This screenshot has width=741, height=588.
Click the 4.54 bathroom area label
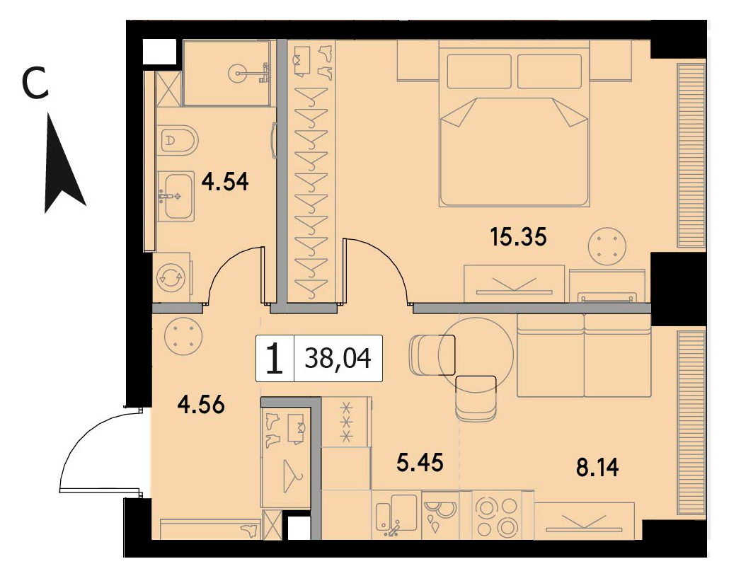[x=225, y=181]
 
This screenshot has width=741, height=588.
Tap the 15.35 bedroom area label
[x=518, y=236]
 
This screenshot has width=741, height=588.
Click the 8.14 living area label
[x=597, y=468]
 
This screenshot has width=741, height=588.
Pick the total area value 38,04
[x=338, y=359]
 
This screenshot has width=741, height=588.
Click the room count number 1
[x=275, y=359]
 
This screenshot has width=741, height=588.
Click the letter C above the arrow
[x=35, y=83]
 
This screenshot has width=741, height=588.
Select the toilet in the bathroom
[x=178, y=140]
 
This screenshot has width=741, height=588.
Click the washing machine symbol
[x=171, y=277]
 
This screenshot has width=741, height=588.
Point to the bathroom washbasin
[x=176, y=195]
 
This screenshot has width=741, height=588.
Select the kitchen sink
[x=396, y=516]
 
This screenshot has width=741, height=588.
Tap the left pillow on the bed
[x=479, y=71]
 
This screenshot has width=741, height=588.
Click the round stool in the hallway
[x=183, y=338]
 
